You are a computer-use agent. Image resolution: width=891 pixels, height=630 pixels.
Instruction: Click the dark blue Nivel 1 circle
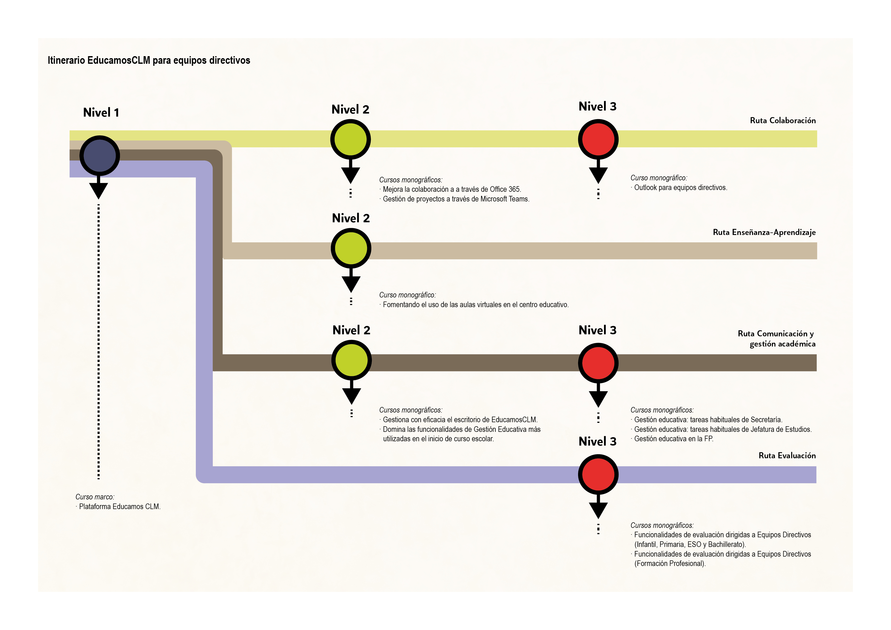[x=100, y=156]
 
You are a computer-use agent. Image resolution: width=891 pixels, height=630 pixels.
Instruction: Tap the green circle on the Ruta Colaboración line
[x=351, y=139]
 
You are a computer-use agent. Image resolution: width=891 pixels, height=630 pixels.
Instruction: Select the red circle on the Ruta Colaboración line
[x=598, y=139]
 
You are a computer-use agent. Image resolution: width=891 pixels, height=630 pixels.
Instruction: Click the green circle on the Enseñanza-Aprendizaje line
[x=351, y=248]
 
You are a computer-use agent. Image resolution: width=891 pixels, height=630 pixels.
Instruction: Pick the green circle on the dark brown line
[x=352, y=360]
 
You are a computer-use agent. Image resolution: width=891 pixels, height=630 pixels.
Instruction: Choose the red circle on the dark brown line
[x=598, y=363]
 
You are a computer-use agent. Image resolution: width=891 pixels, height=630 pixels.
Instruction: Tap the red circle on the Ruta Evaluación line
[x=598, y=474]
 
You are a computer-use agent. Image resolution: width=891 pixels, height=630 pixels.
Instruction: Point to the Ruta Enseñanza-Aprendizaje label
[x=764, y=232]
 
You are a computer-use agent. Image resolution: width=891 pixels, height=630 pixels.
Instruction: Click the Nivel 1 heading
[x=101, y=113]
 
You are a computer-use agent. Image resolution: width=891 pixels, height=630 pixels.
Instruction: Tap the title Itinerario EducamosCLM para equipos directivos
[x=149, y=60]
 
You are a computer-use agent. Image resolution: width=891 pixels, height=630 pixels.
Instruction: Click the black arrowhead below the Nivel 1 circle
[x=99, y=191]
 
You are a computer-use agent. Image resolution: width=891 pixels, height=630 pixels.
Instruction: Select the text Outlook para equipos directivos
[x=680, y=187]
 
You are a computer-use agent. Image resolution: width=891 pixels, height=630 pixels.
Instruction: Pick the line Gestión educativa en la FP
[x=673, y=439]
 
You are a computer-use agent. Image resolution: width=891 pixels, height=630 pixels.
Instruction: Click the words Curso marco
[x=95, y=497]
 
